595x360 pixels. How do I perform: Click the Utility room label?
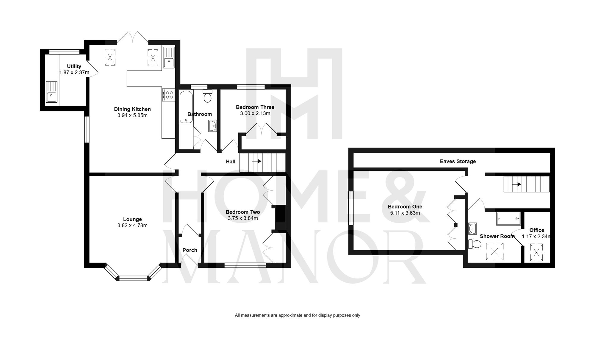tap(74, 66)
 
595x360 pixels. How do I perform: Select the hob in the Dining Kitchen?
tap(169, 95)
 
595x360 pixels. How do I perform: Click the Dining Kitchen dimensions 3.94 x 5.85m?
tap(132, 115)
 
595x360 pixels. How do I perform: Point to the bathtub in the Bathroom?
tap(186, 107)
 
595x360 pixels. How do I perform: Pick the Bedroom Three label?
tap(255, 107)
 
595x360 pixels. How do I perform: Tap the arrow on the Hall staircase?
tap(257, 161)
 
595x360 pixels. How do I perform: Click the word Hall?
tap(231, 162)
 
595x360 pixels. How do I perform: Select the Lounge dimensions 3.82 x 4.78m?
tap(132, 226)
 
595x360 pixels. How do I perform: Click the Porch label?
tap(190, 250)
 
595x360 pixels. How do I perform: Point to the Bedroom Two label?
tap(243, 212)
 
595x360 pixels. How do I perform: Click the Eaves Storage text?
tap(458, 162)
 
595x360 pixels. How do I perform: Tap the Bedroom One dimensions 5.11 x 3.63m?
tap(405, 213)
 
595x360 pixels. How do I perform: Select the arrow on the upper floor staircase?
tap(516, 184)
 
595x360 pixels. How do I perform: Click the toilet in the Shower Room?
tap(475, 244)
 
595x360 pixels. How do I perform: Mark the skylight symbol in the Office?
tap(536, 253)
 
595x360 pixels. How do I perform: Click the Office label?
tap(537, 230)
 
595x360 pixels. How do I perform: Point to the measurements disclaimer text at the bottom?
tap(297, 315)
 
